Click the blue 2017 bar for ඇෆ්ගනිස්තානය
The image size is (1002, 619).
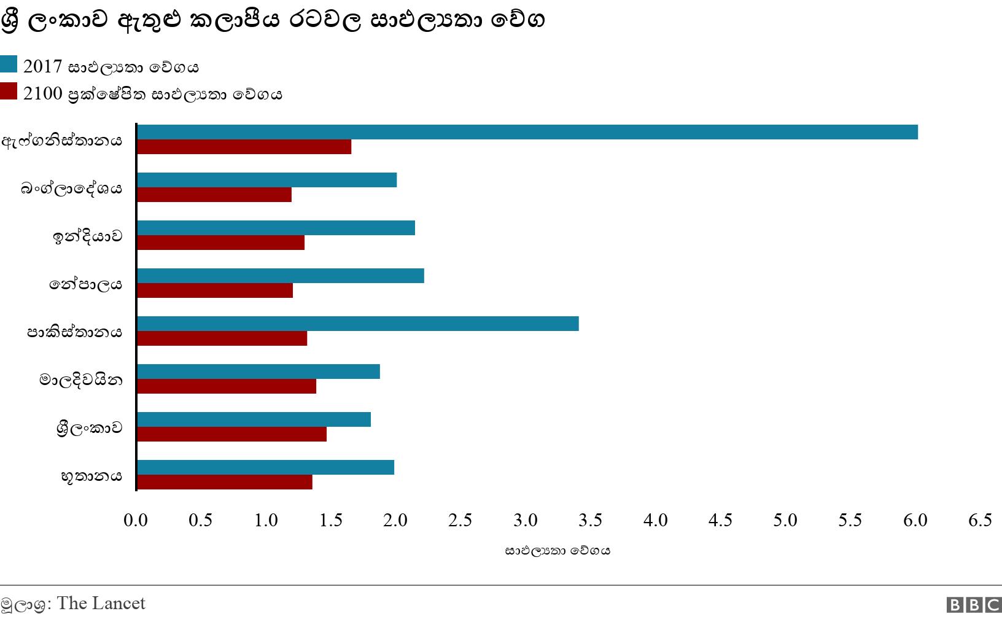tap(527, 132)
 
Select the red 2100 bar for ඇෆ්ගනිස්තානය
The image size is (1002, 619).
tap(244, 147)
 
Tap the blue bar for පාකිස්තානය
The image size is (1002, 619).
tap(357, 324)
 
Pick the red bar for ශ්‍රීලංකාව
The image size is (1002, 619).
tap(231, 434)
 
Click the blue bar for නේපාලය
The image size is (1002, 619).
tap(280, 276)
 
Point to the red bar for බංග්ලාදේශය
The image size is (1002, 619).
tap(214, 195)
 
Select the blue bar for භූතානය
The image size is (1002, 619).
tap(265, 467)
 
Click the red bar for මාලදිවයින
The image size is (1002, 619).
tap(226, 386)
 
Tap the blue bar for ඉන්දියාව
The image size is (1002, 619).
tap(276, 228)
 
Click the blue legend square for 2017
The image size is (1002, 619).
tap(9, 64)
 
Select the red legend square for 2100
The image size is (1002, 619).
tap(9, 91)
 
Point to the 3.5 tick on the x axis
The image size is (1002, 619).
tap(590, 520)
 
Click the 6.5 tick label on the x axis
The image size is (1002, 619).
tap(980, 520)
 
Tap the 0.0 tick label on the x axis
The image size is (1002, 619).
tap(136, 520)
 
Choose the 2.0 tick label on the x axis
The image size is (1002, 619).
tap(395, 520)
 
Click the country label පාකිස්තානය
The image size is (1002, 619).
tap(74, 332)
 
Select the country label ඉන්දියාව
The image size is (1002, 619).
tap(88, 236)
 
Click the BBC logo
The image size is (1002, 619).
tap(973, 605)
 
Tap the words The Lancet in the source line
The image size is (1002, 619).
tap(101, 603)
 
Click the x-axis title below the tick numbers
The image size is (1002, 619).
tap(557, 551)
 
